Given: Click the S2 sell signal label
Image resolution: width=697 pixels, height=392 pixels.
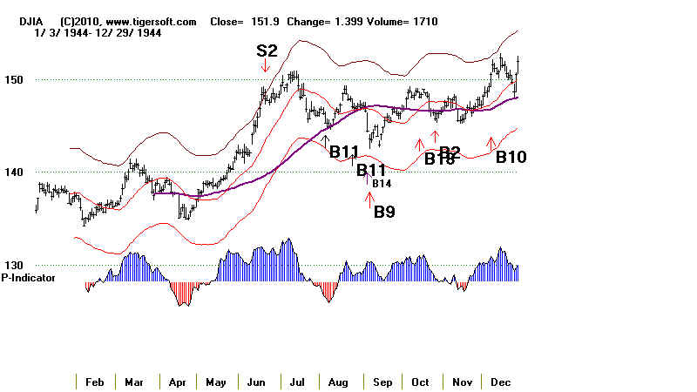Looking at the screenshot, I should (x=267, y=51).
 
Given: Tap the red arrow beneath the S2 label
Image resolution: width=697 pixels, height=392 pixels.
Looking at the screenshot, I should (x=266, y=66).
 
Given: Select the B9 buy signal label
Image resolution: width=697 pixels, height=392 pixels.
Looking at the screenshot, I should (x=384, y=211).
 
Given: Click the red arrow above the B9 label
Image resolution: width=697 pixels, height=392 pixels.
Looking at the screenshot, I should (x=369, y=198).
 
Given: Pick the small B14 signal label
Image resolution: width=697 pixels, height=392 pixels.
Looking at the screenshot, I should (x=382, y=184).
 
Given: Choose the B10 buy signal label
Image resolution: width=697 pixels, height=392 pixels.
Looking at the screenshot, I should (x=511, y=157).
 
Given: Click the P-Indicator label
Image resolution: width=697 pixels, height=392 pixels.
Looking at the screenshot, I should (x=29, y=278).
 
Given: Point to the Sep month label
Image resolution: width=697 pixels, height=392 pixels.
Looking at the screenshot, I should (x=382, y=382).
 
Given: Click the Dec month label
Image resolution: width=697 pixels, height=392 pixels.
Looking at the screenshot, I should (x=500, y=382).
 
